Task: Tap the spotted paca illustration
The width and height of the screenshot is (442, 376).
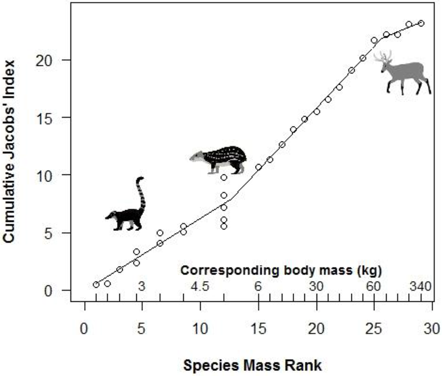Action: click(219, 159)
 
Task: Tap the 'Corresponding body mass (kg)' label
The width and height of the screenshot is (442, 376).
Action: click(282, 270)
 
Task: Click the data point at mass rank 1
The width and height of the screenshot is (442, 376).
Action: click(96, 285)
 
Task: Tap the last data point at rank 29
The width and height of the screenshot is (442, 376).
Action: click(421, 23)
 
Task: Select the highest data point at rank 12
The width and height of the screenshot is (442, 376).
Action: click(224, 177)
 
